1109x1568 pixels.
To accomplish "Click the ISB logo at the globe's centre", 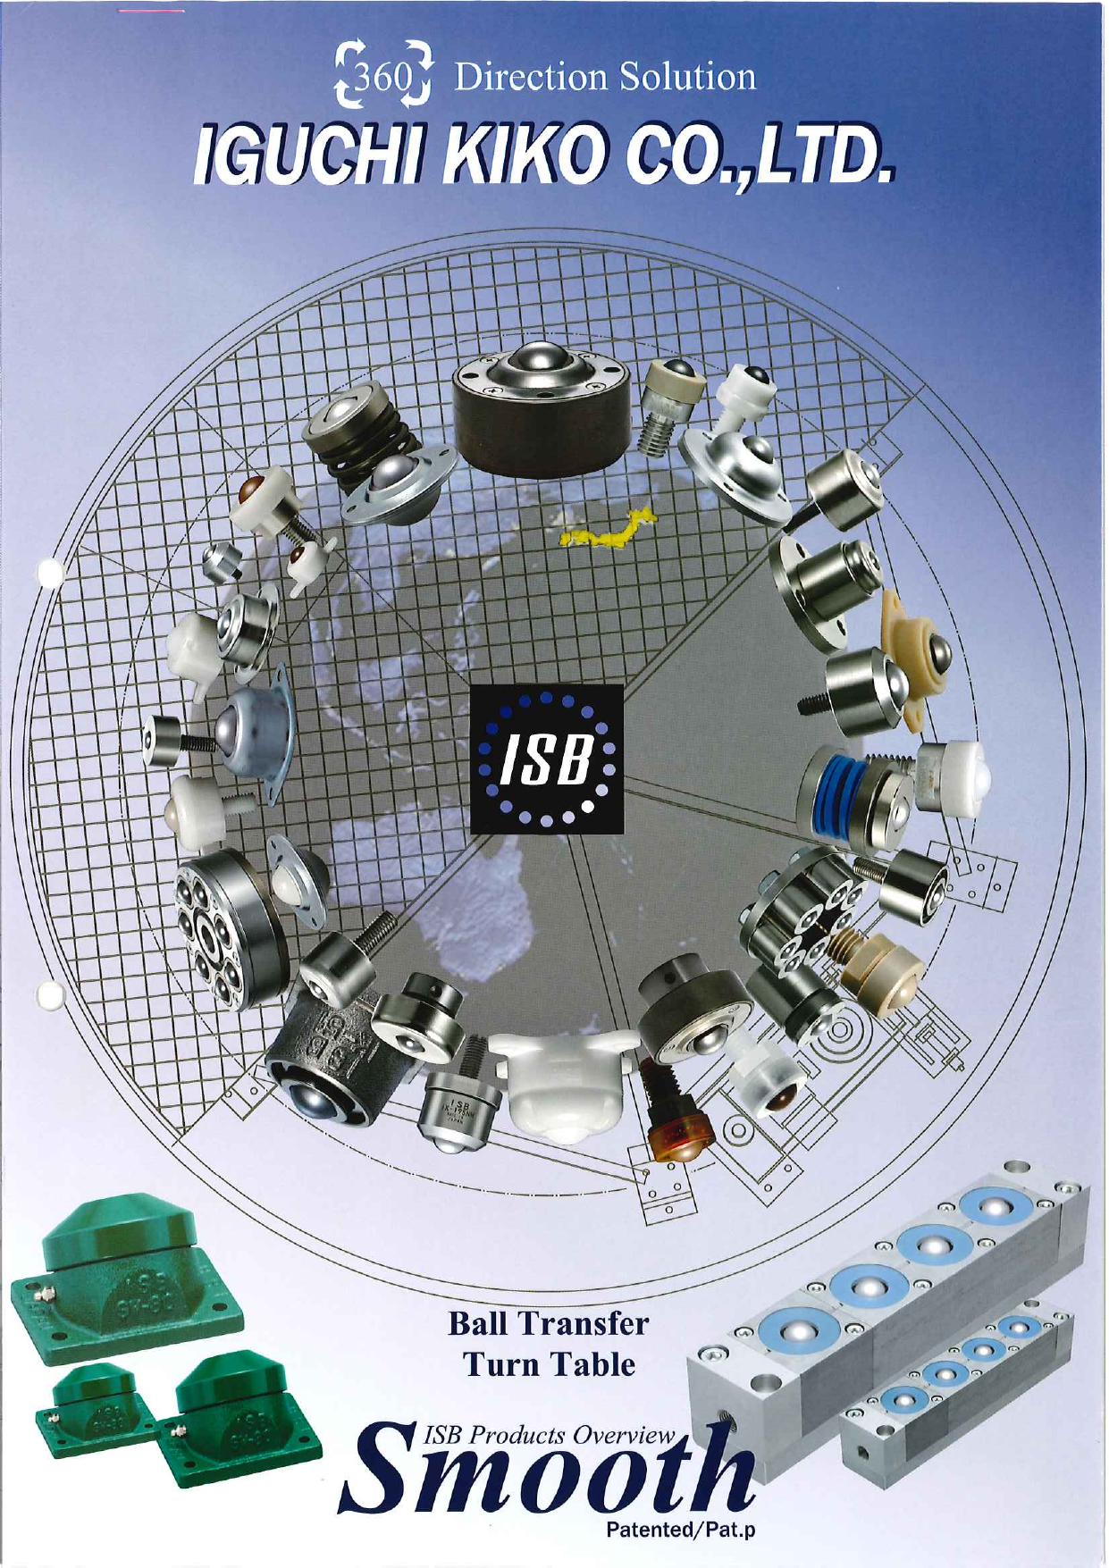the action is click(546, 759).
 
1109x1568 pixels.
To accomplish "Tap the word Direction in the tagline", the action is click(531, 77).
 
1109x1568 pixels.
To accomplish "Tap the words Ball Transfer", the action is click(548, 1323).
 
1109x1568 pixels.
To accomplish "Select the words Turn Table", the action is click(549, 1365).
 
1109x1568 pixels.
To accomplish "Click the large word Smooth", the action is click(546, 1467).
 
